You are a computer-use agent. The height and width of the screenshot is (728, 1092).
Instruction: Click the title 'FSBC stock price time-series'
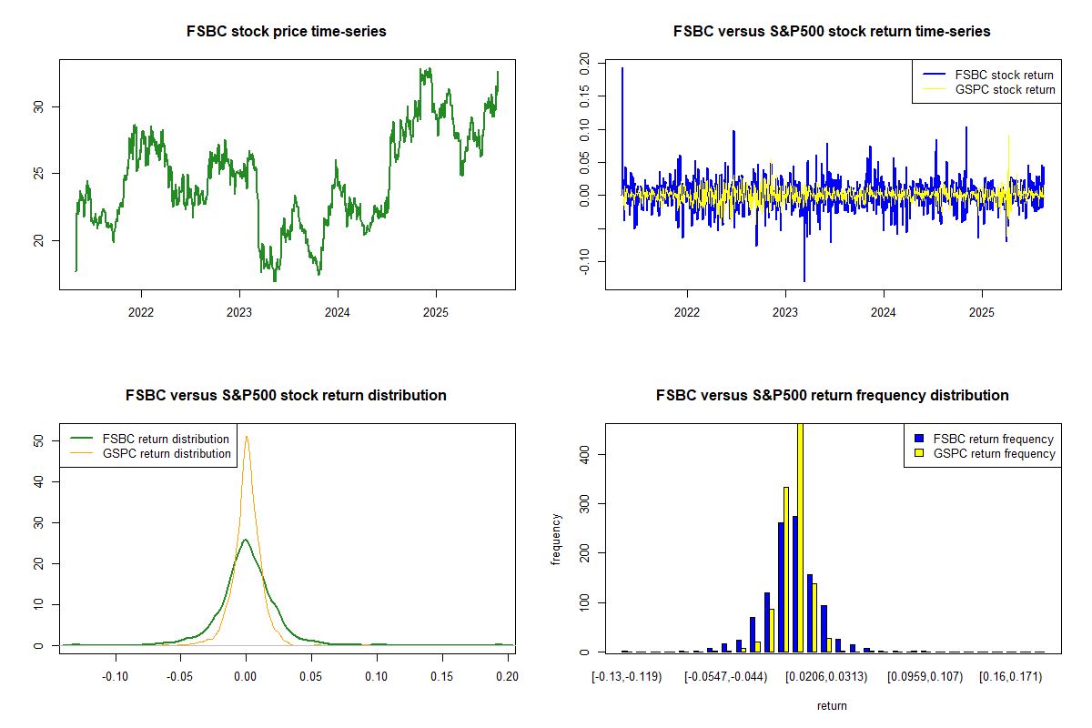tap(286, 31)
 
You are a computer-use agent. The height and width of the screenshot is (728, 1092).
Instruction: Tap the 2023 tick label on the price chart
tap(238, 312)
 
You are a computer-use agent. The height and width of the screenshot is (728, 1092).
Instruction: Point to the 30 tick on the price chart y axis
tap(38, 106)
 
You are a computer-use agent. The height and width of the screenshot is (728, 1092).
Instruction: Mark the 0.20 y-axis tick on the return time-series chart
tap(584, 64)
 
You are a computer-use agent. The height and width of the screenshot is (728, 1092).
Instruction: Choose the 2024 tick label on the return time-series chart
tap(884, 312)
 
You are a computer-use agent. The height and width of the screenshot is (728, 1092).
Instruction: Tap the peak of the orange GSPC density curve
tap(247, 437)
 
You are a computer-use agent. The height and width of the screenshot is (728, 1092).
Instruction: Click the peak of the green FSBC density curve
tap(245, 540)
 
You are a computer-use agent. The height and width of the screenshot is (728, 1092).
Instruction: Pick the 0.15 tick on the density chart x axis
tap(441, 676)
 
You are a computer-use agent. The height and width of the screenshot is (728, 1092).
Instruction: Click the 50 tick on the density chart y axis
tap(38, 440)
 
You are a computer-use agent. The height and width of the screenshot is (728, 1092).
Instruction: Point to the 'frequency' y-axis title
tap(556, 540)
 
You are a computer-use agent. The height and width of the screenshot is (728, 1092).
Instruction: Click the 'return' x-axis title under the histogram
tap(832, 705)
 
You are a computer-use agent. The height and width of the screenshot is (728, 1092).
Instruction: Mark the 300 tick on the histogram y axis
tap(584, 504)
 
